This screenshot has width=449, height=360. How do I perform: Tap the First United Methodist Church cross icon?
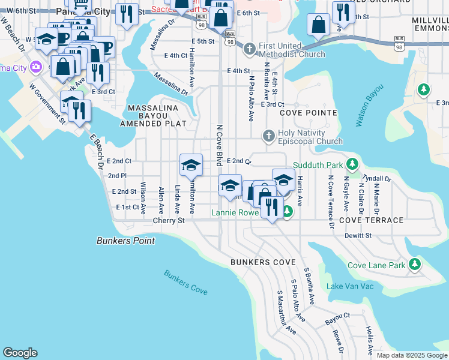point(250,47)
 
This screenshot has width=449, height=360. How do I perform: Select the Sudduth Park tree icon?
point(354,164)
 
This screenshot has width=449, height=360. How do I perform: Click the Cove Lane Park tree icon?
point(414,265)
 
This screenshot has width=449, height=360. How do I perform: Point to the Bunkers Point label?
point(125,241)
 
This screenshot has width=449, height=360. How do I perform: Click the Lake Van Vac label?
point(350,286)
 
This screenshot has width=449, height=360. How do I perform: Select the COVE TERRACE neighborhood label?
point(371,220)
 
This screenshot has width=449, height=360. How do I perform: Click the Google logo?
point(20,353)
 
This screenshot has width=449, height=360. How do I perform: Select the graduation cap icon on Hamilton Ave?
point(191,165)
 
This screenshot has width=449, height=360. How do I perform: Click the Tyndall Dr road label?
point(377,179)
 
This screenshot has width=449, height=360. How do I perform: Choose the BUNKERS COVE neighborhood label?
point(263,263)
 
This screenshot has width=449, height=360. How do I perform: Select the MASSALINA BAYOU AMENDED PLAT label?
point(154,115)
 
